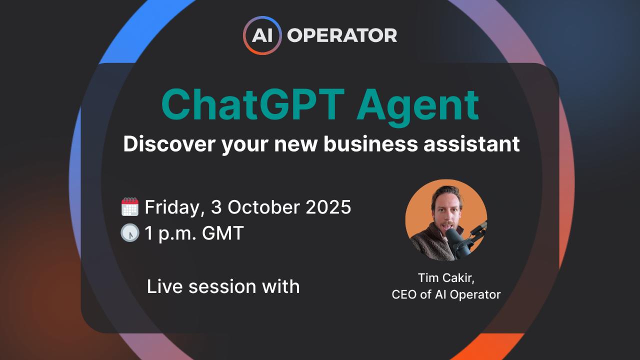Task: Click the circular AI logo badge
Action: (262, 35)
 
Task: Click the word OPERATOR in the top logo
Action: (342, 35)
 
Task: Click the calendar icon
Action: (130, 207)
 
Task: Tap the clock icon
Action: (130, 233)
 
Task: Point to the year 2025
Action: (327, 207)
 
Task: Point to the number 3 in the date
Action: (215, 207)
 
